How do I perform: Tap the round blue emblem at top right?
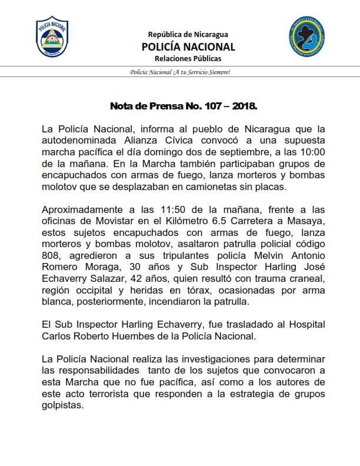pyautogui.click(x=306, y=36)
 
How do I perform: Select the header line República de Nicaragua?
pyautogui.click(x=188, y=34)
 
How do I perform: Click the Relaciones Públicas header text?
pyautogui.click(x=188, y=59)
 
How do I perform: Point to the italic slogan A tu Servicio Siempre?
pyautogui.click(x=180, y=72)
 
